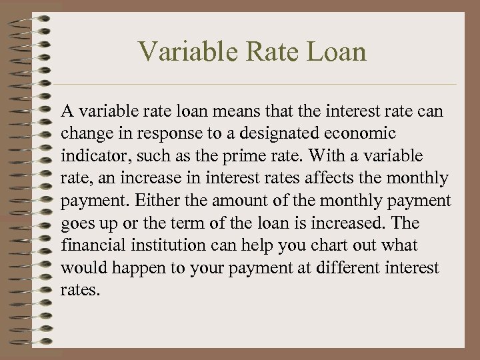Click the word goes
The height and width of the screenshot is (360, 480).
pyautogui.click(x=77, y=223)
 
